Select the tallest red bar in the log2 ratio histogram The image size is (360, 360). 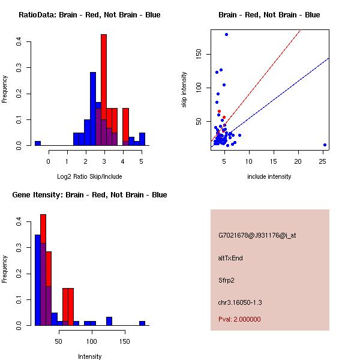click(104, 90)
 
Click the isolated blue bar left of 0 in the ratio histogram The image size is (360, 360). click(38, 143)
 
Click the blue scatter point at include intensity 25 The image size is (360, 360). click(325, 145)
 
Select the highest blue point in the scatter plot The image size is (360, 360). click(226, 34)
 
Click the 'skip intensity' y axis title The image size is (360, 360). click(184, 90)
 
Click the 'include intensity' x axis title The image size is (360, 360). click(269, 176)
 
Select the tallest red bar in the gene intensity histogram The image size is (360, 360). click(43, 270)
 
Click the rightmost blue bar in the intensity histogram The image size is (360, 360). click(142, 323)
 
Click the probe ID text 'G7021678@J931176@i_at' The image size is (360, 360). click(257, 235)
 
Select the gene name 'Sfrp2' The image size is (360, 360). click(226, 280)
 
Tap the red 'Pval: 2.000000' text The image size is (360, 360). click(239, 319)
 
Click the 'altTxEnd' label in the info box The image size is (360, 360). click(230, 258)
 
